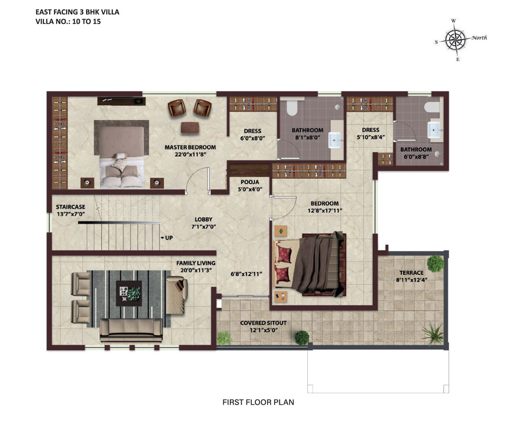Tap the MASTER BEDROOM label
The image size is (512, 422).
[190, 147]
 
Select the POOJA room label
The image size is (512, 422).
[250, 182]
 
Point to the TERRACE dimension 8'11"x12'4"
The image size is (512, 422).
[411, 280]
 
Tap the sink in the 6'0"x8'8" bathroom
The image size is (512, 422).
[434, 130]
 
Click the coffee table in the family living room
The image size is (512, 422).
[129, 293]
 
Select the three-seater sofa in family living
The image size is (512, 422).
[131, 330]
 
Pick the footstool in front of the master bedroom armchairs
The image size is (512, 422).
[190, 127]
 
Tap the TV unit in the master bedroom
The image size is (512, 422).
[121, 101]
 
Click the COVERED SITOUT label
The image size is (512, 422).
[263, 323]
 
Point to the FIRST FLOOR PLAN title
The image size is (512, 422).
[258, 402]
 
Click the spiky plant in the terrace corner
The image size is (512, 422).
[433, 333]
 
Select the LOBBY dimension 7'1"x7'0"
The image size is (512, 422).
[203, 226]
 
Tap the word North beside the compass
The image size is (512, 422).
[479, 37]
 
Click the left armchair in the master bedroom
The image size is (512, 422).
[177, 108]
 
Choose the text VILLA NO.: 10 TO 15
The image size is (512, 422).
[68, 22]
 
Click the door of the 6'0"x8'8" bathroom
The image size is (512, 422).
[405, 130]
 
